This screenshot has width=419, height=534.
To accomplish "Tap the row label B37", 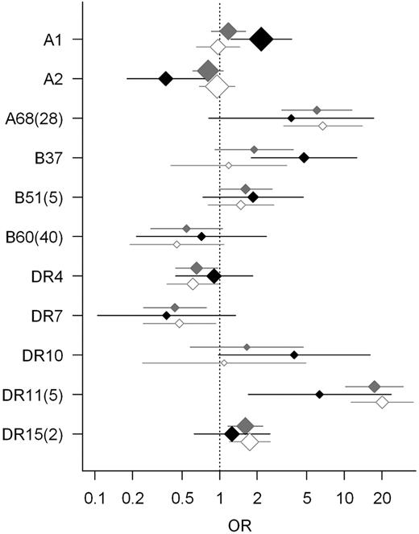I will pos(54,158).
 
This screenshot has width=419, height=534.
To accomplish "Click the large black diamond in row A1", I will pos(261,39).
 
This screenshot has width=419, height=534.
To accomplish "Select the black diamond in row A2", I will pos(165,78).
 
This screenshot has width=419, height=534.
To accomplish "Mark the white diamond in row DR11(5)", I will pos(382,402).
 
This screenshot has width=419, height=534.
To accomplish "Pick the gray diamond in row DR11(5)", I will pos(374,387).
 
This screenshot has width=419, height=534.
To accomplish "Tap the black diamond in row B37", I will pos(304,157).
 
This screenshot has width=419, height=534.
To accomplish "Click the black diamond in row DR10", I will pos(294,354).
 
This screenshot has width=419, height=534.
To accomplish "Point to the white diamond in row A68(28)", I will pos(322,126).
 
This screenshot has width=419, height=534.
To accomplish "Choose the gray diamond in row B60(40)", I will pos(186,228).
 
